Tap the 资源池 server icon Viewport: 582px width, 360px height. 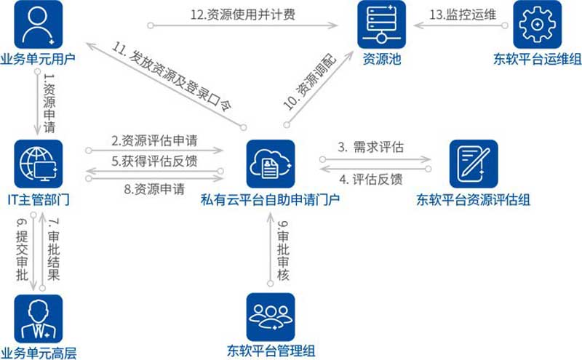[x=381, y=25]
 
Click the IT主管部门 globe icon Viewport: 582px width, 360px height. [x=39, y=164]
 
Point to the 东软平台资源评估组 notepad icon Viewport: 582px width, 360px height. [x=473, y=164]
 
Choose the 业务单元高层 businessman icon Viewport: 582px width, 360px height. [x=39, y=318]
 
